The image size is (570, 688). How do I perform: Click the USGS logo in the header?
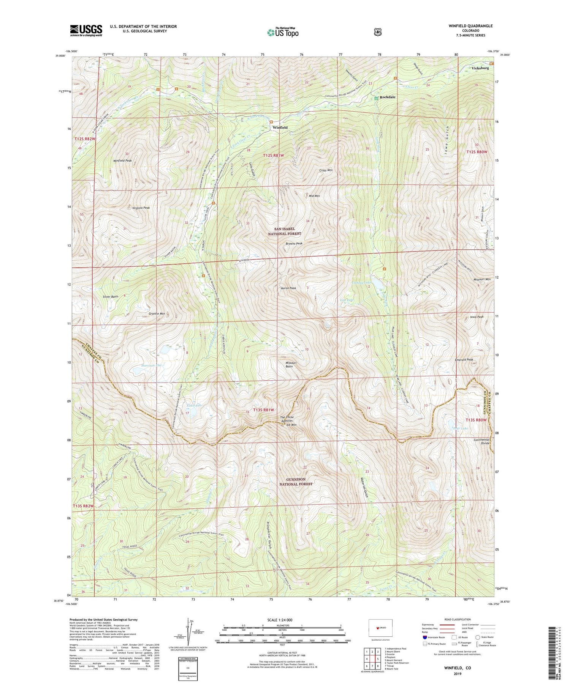coord(86,30)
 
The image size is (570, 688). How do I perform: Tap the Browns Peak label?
coord(294,244)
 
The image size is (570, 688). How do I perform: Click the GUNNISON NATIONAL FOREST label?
coord(296,482)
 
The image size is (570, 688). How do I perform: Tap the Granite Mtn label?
coord(157,314)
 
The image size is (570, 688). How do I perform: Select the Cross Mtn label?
coord(326,170)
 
